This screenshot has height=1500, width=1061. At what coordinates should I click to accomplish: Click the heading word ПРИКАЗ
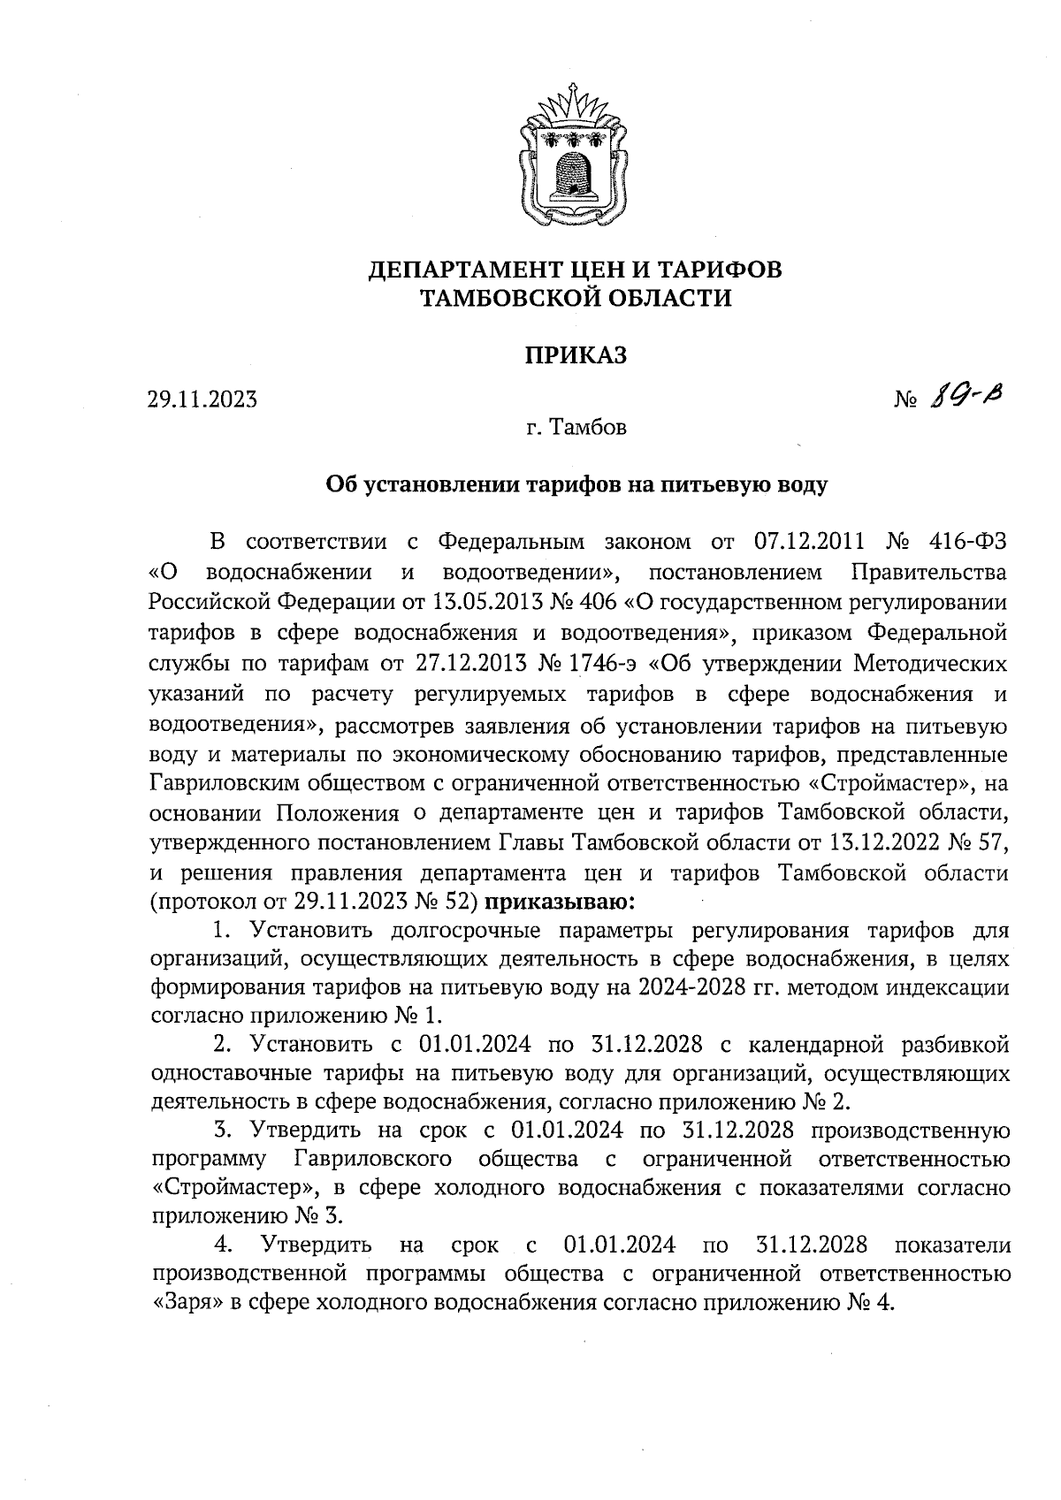tap(575, 355)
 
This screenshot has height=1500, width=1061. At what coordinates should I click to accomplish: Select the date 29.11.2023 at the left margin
tap(202, 400)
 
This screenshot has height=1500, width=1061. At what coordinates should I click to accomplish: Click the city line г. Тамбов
tap(575, 429)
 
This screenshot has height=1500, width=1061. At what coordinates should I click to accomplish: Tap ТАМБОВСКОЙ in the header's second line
tap(508, 299)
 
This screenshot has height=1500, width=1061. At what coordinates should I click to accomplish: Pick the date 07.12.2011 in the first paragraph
tap(807, 541)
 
